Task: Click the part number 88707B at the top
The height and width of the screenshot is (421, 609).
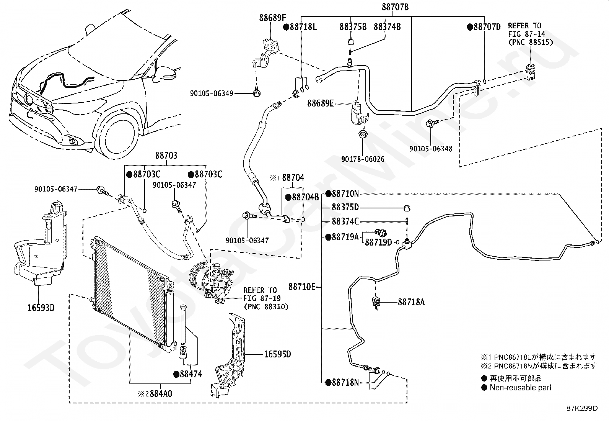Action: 395,7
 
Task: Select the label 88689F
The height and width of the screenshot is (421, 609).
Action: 272,18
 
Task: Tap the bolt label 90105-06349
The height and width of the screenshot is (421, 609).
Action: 212,93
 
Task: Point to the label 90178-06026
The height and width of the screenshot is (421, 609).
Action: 363,159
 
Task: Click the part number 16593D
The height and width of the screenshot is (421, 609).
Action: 41,308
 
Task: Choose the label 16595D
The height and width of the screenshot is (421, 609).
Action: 278,354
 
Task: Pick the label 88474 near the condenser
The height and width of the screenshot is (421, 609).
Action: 191,374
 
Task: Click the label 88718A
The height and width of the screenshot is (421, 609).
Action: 411,302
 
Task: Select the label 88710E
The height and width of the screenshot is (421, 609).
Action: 302,287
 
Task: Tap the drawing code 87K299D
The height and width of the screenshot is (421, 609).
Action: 582,408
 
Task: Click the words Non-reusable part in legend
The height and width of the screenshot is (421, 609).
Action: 520,388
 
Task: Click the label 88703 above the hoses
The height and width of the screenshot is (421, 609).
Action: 166,156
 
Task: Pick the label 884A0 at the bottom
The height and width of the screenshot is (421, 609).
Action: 161,393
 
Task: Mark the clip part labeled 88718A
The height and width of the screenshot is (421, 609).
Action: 376,303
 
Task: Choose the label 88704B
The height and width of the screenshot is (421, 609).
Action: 305,197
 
